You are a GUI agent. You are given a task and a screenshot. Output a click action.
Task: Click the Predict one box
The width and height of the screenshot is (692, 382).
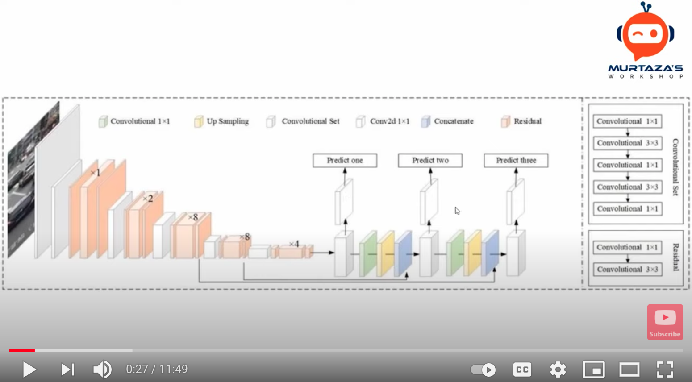pos(345,161)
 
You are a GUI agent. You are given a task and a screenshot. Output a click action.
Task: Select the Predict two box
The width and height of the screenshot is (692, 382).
pos(430,161)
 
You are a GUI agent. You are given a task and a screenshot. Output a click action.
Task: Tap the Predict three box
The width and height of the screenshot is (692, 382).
pos(516,161)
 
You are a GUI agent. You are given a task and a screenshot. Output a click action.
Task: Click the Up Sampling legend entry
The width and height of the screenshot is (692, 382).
pos(222,121)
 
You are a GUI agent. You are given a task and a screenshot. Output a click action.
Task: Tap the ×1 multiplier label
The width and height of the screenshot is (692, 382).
pos(96,173)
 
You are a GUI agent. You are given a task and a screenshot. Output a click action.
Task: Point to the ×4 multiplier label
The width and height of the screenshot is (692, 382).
pos(294,244)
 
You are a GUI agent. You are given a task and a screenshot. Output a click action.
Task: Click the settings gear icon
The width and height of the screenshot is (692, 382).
pos(558,370)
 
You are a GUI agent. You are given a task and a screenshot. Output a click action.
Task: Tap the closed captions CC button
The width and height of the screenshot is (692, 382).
pos(522,370)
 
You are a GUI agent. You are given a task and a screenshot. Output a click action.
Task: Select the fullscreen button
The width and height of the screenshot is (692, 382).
pos(665,370)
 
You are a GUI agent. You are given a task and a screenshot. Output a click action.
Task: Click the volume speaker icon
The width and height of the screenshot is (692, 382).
pos(102,370)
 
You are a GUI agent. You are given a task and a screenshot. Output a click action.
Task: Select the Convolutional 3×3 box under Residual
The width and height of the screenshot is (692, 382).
pos(627,270)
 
